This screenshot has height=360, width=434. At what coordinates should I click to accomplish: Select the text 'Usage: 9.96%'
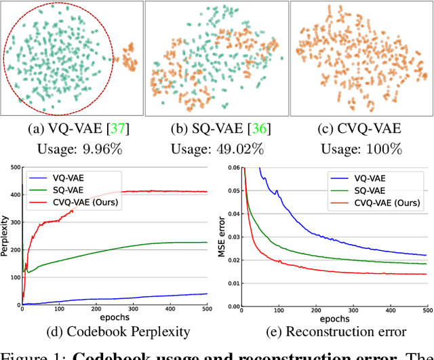72,150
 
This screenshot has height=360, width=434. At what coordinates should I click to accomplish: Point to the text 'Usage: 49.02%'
216,150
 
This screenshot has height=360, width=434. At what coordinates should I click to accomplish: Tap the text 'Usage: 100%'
361,150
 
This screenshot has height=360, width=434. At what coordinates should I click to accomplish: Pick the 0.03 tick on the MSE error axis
232,236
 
